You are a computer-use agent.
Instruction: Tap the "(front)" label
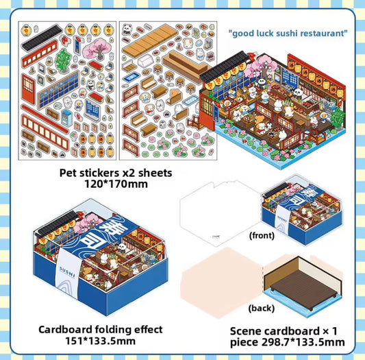tap(262, 235)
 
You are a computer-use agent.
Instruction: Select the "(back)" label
tap(262, 309)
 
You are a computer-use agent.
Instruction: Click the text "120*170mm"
tap(116, 184)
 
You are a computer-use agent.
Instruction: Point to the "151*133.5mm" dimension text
tap(100, 341)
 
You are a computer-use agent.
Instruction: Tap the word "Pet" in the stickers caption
tap(68, 173)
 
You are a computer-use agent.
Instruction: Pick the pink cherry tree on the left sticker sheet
tap(96, 49)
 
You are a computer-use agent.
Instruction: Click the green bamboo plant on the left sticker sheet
tap(62, 60)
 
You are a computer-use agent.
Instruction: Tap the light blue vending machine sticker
tap(67, 118)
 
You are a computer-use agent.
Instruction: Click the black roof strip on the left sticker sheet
tap(42, 37)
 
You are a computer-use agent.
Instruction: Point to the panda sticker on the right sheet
tap(127, 29)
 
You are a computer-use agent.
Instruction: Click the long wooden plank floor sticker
tap(147, 41)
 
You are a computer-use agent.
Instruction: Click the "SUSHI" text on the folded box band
tap(68, 272)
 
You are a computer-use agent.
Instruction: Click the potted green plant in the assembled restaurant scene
tap(339, 119)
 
